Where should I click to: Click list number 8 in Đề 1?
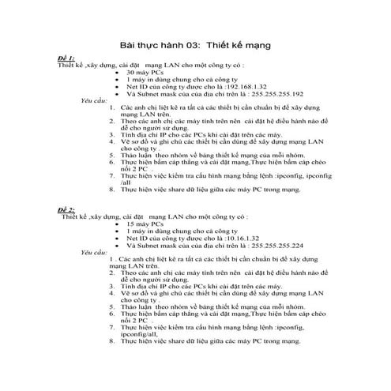[x=113, y=190]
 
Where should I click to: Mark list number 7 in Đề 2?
[x=113, y=327]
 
